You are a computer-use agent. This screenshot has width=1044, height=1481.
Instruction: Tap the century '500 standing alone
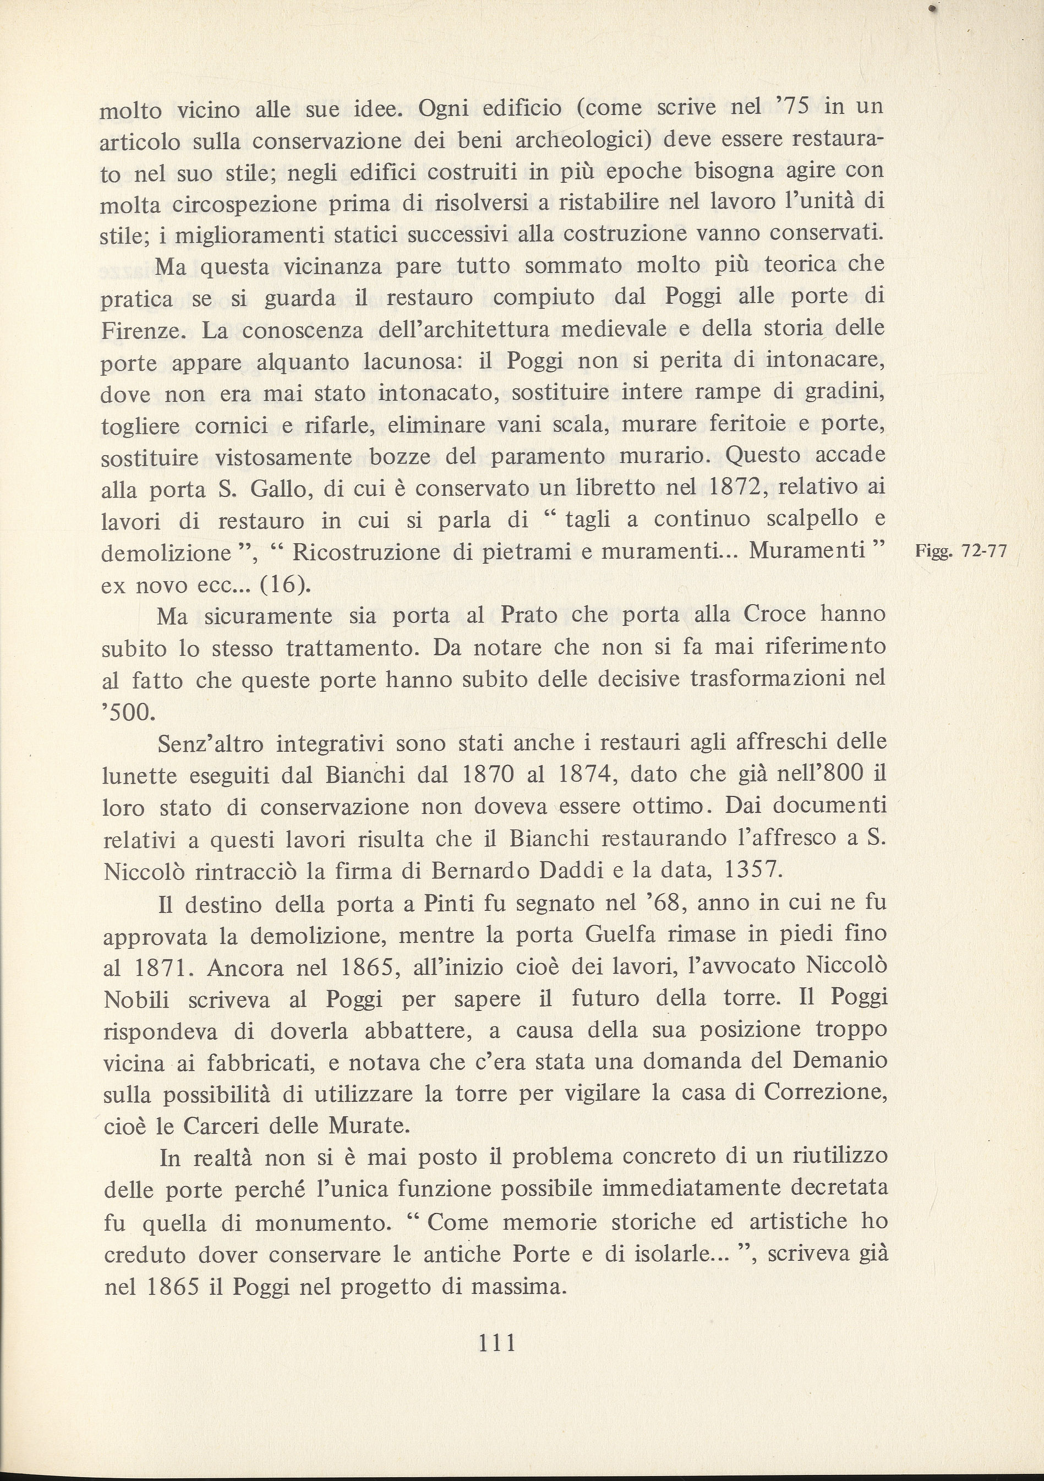[x=128, y=712]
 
